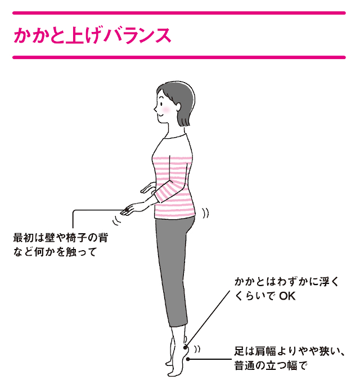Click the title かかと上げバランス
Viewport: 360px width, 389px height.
92,35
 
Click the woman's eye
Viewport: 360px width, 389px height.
161,103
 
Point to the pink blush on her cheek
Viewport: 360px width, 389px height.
166,110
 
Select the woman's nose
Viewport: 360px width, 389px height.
155,108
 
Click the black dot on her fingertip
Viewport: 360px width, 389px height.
127,210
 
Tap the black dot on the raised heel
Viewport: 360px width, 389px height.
185,347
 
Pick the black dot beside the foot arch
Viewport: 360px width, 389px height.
188,359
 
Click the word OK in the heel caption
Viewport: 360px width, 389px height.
287,296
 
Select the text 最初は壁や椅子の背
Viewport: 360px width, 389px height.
61,238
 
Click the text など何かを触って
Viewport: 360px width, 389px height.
55,252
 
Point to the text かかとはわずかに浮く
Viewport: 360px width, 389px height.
286,282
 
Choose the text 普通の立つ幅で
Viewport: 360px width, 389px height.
271,365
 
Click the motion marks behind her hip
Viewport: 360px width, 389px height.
205,214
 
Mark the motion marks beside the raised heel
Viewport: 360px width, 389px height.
197,349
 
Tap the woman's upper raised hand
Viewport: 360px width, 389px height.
148,188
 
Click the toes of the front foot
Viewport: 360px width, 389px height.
172,373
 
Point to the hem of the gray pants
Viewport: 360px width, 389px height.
178,324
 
